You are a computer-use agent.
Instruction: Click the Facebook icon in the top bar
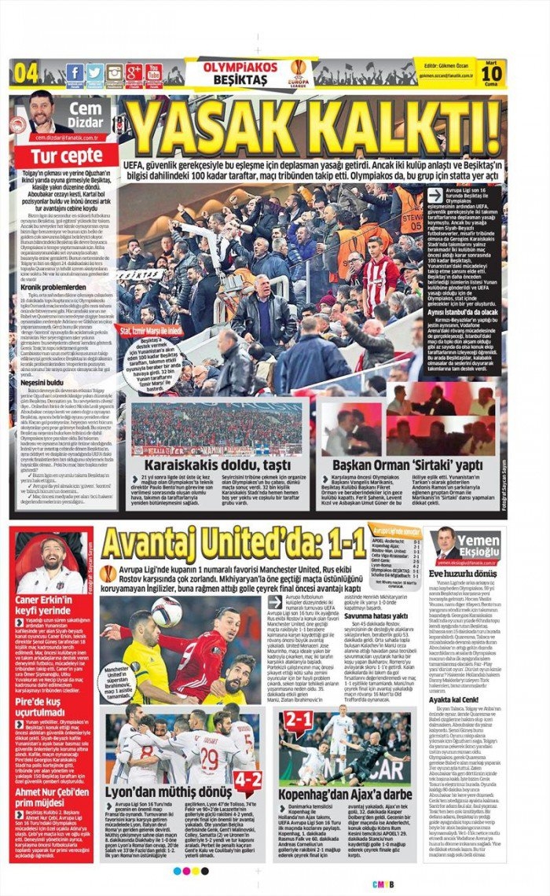coord(75,73)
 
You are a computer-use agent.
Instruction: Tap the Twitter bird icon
coord(94,73)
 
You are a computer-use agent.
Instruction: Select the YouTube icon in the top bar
coord(154,73)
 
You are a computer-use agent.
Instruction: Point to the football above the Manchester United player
coord(166,611)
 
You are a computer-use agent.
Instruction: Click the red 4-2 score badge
coord(247,780)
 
